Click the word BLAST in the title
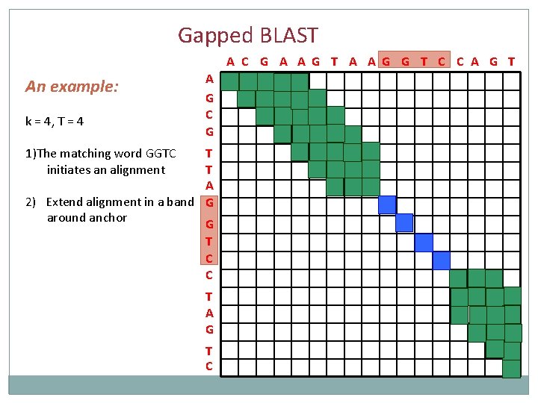[x=288, y=35]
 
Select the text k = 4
[x=38, y=120]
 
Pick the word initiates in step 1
[x=72, y=170]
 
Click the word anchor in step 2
[x=109, y=218]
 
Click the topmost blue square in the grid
[x=387, y=204]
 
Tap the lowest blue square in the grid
[x=441, y=260]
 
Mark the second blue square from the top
[x=404, y=222]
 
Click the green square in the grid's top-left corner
[x=230, y=81]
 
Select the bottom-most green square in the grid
[x=511, y=369]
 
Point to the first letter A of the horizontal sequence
[x=231, y=61]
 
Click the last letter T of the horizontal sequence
[x=511, y=61]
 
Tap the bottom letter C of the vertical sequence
[x=208, y=366]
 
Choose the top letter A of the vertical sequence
[x=209, y=78]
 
